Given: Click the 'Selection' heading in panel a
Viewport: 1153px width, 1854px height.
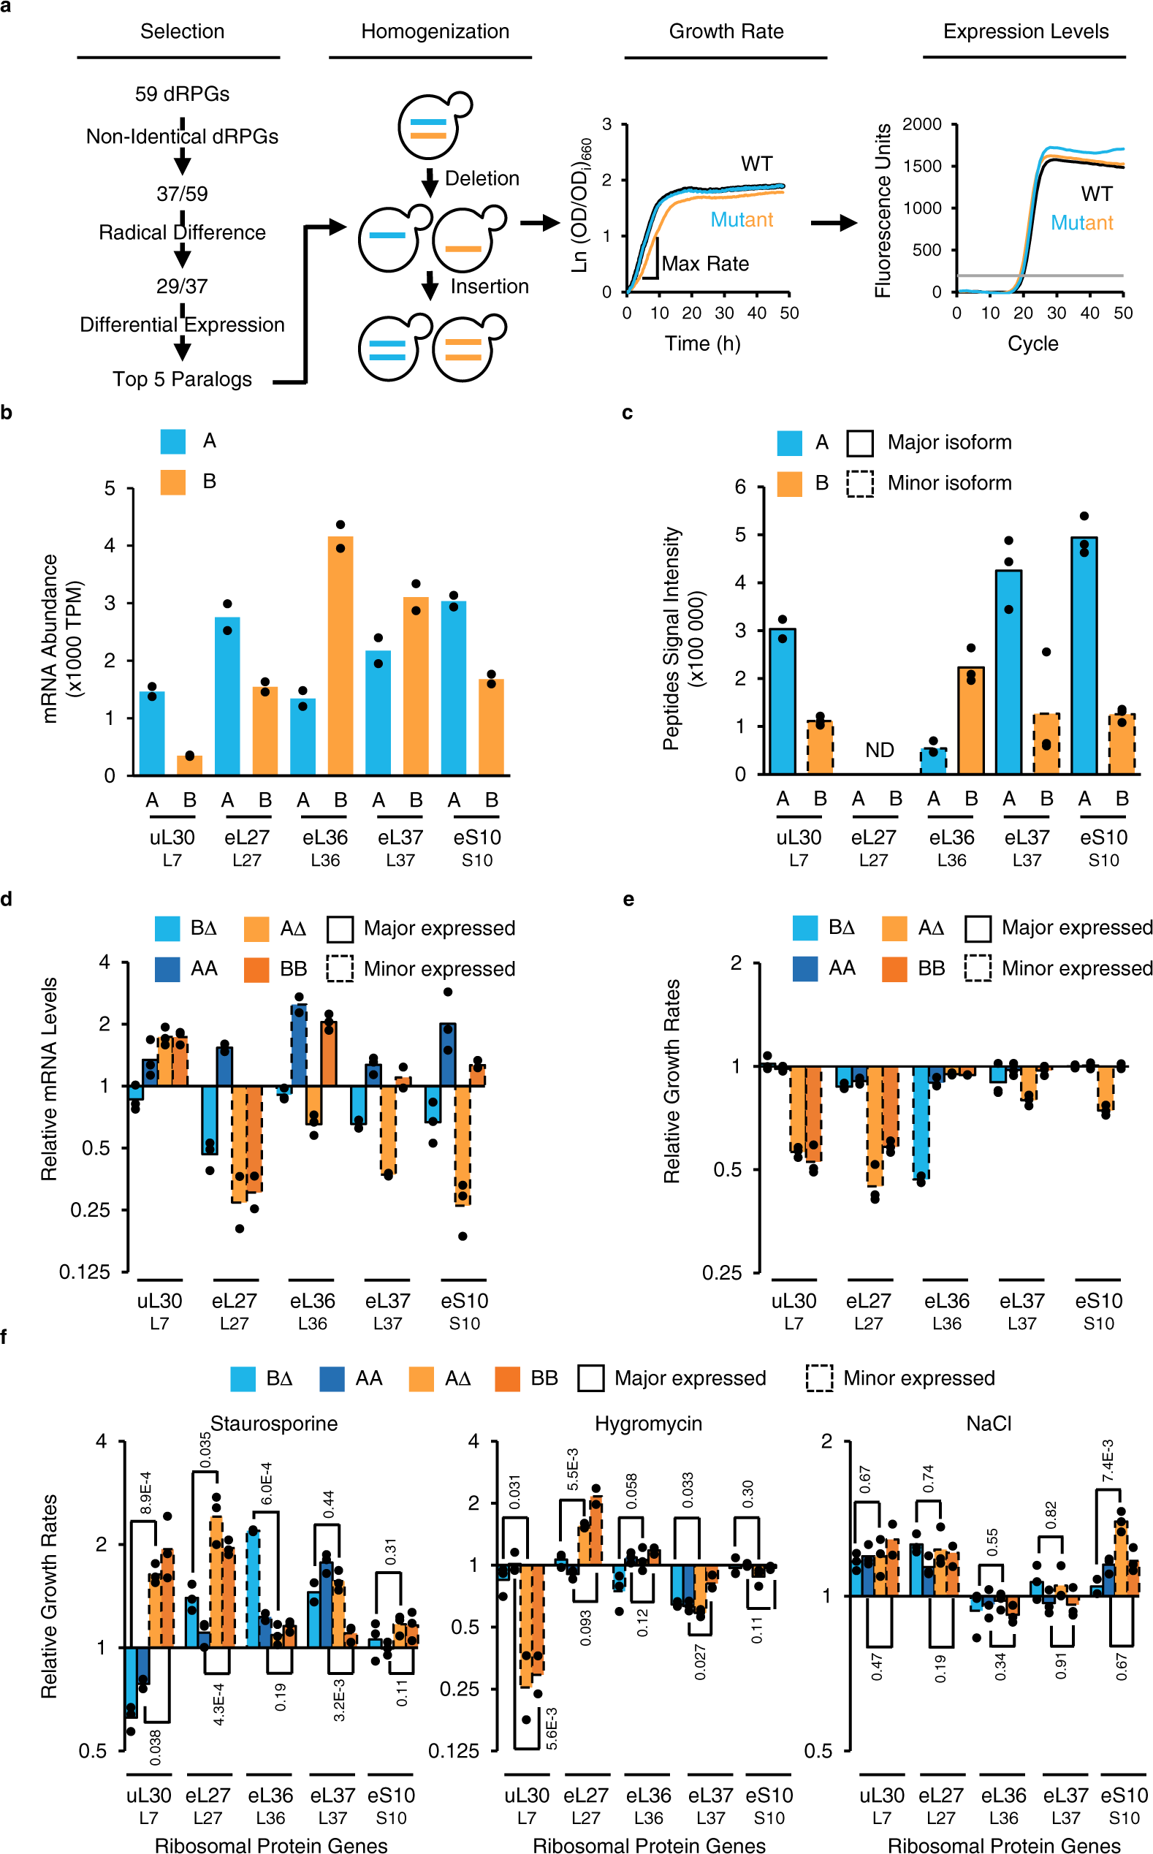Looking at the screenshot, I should point(182,31).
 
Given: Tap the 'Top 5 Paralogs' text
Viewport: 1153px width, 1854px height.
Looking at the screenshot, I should point(182,379).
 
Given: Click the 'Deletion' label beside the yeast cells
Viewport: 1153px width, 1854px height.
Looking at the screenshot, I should point(482,178).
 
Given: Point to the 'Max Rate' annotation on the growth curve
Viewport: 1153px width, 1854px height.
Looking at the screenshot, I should point(704,264).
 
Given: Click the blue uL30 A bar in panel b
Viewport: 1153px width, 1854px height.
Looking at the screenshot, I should point(152,732).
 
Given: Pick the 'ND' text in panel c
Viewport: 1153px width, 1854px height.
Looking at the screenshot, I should point(879,751).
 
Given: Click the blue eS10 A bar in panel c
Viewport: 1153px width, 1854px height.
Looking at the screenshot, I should point(1084,656).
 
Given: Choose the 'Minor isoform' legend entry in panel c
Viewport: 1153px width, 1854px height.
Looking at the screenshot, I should point(948,483).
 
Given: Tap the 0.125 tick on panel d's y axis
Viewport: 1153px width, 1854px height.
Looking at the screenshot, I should point(85,1272).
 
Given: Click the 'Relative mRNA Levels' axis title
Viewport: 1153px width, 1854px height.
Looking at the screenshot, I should point(50,1079).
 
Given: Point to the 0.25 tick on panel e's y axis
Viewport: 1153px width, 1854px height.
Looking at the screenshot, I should point(721,1273).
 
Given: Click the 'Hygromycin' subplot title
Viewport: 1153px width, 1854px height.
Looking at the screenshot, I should point(648,1424).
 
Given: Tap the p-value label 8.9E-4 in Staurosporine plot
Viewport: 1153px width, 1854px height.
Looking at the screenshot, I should point(145,1492).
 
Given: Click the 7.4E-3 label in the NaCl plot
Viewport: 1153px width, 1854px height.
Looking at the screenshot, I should point(1108,1462).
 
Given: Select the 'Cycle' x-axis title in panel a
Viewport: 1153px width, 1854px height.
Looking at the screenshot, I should point(1032,343).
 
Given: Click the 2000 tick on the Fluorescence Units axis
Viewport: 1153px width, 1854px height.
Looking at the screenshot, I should point(921,124).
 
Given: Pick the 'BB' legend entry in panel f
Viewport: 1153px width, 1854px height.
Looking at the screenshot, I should point(544,1378).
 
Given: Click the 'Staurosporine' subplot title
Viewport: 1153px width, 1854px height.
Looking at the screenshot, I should point(274,1424).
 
